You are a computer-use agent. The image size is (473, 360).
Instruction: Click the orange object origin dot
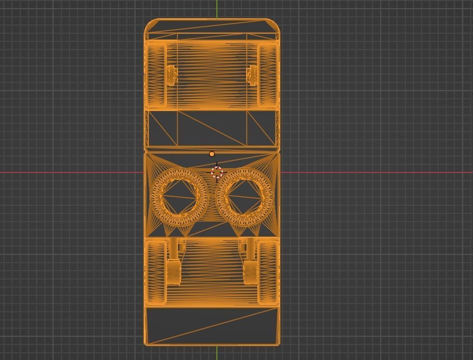(x=212, y=154)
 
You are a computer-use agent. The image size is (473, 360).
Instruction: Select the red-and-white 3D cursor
(x=217, y=172)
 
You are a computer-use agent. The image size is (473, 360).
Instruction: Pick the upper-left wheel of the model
(x=157, y=74)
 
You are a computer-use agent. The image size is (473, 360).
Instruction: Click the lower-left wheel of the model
(x=157, y=272)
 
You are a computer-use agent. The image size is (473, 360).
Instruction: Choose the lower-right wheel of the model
(x=268, y=272)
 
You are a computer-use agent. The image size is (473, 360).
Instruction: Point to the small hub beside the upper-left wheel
(x=172, y=75)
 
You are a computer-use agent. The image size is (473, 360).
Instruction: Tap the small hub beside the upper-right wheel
(x=252, y=75)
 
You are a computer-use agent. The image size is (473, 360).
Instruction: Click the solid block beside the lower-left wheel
(x=174, y=272)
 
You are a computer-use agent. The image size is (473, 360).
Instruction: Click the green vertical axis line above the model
(x=217, y=9)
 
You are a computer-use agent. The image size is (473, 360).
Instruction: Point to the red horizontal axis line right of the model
(x=375, y=172)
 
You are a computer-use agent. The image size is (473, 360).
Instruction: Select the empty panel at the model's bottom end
(x=212, y=325)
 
